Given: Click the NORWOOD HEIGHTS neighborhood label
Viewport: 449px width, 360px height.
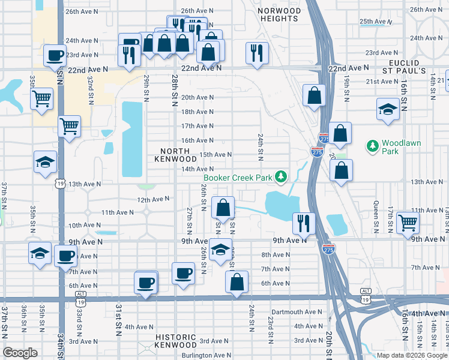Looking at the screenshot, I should click(x=278, y=15).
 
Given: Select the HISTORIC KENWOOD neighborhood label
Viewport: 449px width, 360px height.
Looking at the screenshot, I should click(x=175, y=341).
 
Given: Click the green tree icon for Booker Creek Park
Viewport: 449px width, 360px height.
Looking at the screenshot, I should click(x=280, y=177).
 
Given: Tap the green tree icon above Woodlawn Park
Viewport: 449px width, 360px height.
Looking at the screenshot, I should click(x=373, y=146).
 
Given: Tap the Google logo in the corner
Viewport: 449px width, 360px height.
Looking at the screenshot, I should click(x=20, y=353).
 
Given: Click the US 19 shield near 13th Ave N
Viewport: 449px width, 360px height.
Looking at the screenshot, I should click(x=60, y=184).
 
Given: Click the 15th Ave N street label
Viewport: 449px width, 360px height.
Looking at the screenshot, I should click(x=215, y=154).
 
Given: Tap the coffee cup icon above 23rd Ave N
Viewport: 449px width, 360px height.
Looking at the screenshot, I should click(x=55, y=55).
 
